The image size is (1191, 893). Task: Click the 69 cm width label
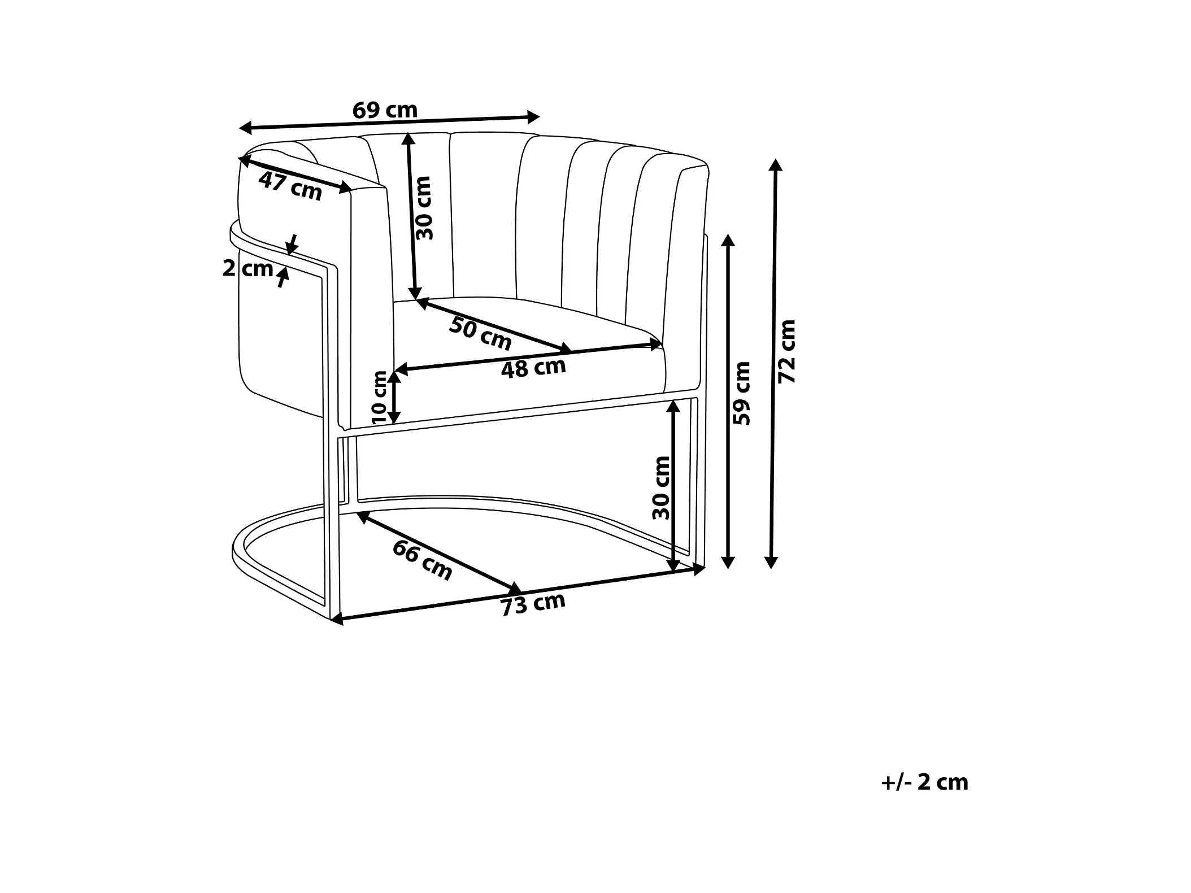pos(385,110)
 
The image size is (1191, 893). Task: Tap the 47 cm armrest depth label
pos(290,186)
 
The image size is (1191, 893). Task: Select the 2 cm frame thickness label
pos(247,268)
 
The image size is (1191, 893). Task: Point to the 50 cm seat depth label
pos(480,333)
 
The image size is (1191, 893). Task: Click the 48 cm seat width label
pos(533,368)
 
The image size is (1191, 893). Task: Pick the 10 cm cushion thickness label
pos(380,397)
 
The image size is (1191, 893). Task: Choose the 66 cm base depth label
pos(423,560)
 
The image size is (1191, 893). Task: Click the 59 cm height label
pos(741,393)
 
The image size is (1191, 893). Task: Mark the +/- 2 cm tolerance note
pos(925,782)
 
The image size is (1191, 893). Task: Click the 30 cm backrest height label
pos(423,208)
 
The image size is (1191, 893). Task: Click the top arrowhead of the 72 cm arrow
pos(776,164)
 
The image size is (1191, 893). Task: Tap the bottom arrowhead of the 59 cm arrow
pos(728,562)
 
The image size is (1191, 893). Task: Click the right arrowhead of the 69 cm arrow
pos(534,117)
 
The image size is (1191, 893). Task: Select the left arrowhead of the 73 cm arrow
pos(337,620)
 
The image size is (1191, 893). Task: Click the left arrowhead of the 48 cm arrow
pos(401,370)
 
